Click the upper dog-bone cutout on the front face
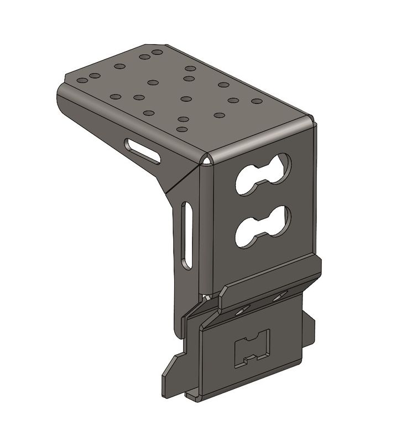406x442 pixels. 263,173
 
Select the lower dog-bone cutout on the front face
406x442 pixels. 263,226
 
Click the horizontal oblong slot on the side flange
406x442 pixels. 143,151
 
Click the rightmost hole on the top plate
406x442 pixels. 256,101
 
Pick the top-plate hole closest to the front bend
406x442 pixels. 181,129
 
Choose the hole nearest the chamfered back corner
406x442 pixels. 157,52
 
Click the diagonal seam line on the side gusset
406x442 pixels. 180,180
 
